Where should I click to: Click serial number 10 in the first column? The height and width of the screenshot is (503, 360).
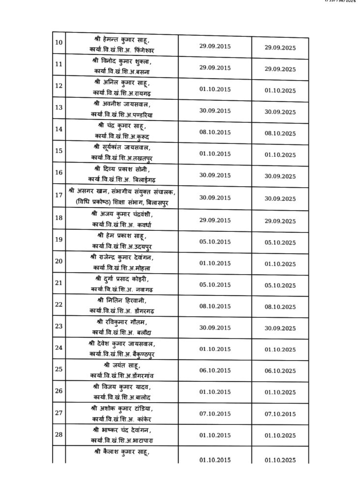coord(58,42)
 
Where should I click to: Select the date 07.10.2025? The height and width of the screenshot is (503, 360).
coord(279,414)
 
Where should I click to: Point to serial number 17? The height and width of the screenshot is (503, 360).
coord(58,195)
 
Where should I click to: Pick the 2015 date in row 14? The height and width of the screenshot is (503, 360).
coord(215,132)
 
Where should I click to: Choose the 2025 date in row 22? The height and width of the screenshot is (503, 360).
coord(279,307)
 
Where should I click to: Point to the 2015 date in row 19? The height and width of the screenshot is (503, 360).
coord(215,242)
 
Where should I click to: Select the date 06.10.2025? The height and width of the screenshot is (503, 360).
coord(279,371)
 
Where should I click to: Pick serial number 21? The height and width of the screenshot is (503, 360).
coord(58,282)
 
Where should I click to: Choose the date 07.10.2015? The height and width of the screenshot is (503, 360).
coord(215,413)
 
